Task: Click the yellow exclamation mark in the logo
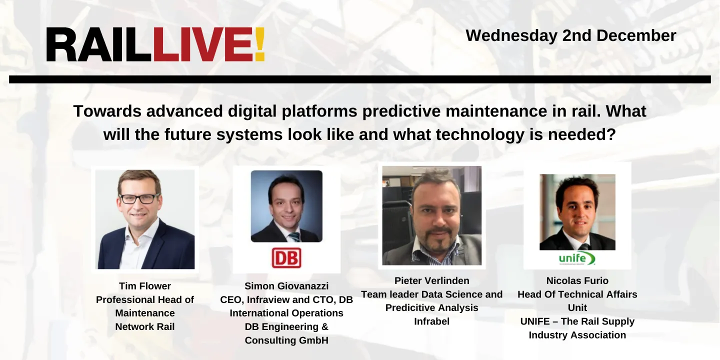click(x=259, y=45)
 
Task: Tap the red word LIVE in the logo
click(x=203, y=45)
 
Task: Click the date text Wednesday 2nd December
click(x=570, y=35)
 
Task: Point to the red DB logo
click(x=286, y=258)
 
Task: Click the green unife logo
click(x=577, y=258)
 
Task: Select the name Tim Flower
click(x=145, y=286)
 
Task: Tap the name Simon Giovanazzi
click(x=286, y=286)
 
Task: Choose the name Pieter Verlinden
click(x=431, y=280)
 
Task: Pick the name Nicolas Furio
click(x=577, y=280)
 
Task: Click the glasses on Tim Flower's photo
click(x=139, y=198)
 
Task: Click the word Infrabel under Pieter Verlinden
click(x=431, y=321)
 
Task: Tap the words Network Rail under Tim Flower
click(x=145, y=326)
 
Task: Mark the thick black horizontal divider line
click(x=360, y=79)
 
